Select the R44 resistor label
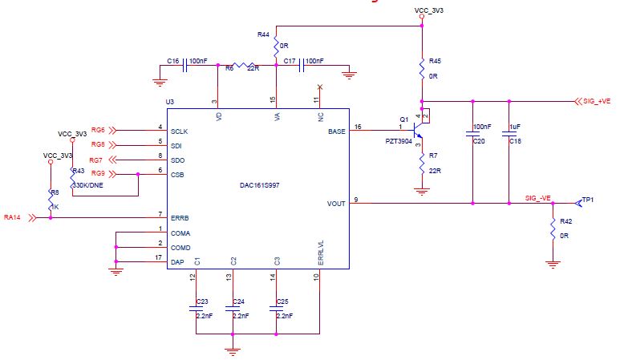pyautogui.click(x=263, y=34)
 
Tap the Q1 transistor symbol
pyautogui.click(x=417, y=127)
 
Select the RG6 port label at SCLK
pyautogui.click(x=99, y=129)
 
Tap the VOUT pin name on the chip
pyautogui.click(x=338, y=203)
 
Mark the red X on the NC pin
pyautogui.click(x=320, y=86)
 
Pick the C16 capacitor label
pyautogui.click(x=172, y=60)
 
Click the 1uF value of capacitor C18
pyautogui.click(x=514, y=127)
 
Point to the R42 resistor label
pyautogui.click(x=565, y=220)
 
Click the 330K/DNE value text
pyautogui.click(x=88, y=185)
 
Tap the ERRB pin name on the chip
pyautogui.click(x=180, y=217)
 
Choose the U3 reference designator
pyautogui.click(x=168, y=102)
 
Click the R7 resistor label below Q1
pyautogui.click(x=432, y=155)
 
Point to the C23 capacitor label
pyautogui.click(x=202, y=301)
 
